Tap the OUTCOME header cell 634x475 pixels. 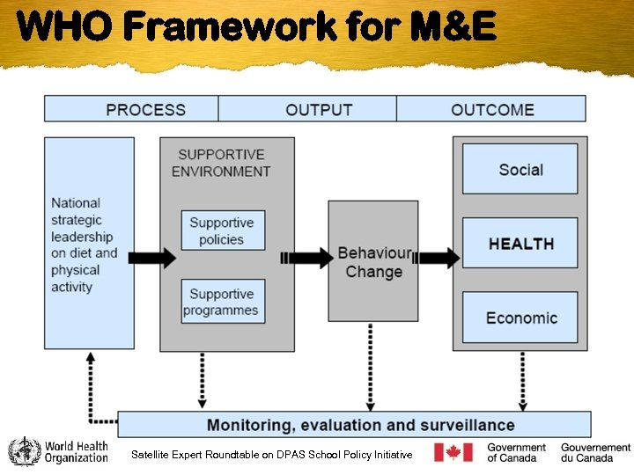click(491, 109)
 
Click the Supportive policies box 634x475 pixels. click(222, 230)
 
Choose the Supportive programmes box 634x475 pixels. click(221, 302)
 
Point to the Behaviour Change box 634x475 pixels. click(373, 261)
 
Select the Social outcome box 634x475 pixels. click(520, 170)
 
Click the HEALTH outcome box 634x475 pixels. click(520, 244)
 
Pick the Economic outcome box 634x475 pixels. click(520, 318)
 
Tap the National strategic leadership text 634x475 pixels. click(85, 245)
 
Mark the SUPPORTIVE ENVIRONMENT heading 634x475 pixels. click(222, 163)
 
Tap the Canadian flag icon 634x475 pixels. click(453, 452)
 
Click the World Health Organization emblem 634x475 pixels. click(24, 452)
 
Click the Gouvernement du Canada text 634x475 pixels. click(595, 452)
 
